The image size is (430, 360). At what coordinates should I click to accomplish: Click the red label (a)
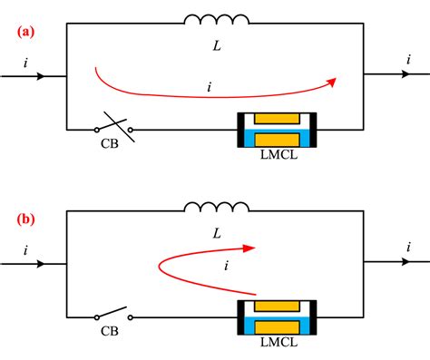(25, 32)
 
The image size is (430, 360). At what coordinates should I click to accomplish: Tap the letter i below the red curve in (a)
(210, 88)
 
